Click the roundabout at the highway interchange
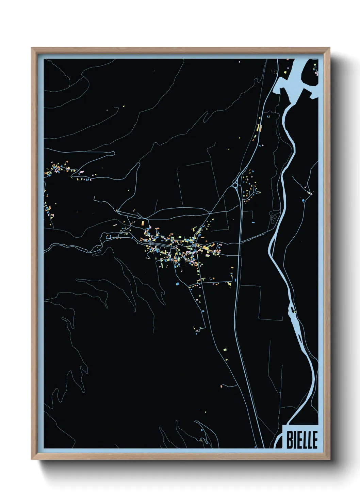[235, 185]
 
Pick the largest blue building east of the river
[303, 201]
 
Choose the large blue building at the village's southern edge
[177, 284]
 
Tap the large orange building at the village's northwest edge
[143, 223]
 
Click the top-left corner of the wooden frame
[32, 48]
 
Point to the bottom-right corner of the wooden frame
[330, 459]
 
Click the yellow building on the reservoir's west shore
[285, 72]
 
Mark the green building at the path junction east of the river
[310, 193]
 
